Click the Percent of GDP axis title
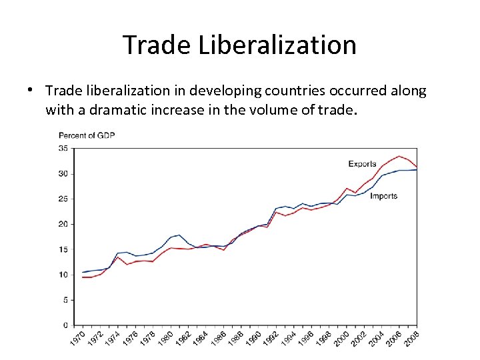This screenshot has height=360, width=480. [87, 135]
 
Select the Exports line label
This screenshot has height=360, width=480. [362, 164]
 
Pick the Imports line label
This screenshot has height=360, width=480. [383, 196]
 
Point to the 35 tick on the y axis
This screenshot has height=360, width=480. [63, 148]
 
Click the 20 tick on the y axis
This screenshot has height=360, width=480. [63, 224]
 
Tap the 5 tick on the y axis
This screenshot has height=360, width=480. [65, 300]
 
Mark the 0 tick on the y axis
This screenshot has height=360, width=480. [65, 325]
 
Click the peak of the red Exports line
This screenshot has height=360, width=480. [399, 156]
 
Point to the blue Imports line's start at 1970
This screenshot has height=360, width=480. [83, 272]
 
